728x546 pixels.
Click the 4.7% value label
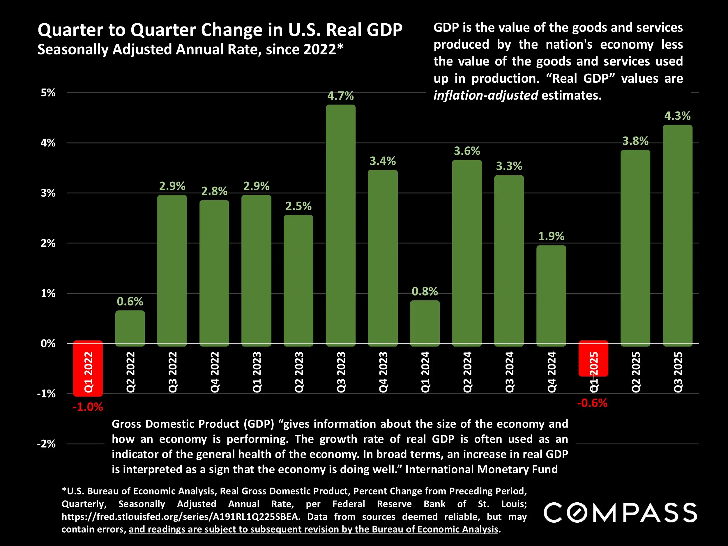[340, 96]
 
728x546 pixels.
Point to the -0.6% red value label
[592, 403]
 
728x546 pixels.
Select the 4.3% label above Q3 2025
[677, 116]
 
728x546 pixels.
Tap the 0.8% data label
[425, 291]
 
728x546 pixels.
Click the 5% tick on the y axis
[48, 93]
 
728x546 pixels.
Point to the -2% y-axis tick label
[46, 444]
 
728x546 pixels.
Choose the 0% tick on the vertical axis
[48, 344]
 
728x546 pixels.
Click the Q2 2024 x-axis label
[467, 372]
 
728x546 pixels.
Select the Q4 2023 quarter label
[383, 372]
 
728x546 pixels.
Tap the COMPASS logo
[620, 513]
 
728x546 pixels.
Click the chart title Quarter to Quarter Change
[220, 30]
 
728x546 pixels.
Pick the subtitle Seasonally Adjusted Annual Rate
[190, 50]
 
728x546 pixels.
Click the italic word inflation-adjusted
[486, 96]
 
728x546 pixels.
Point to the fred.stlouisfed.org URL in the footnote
[181, 517]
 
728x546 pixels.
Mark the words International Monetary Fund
[481, 469]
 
